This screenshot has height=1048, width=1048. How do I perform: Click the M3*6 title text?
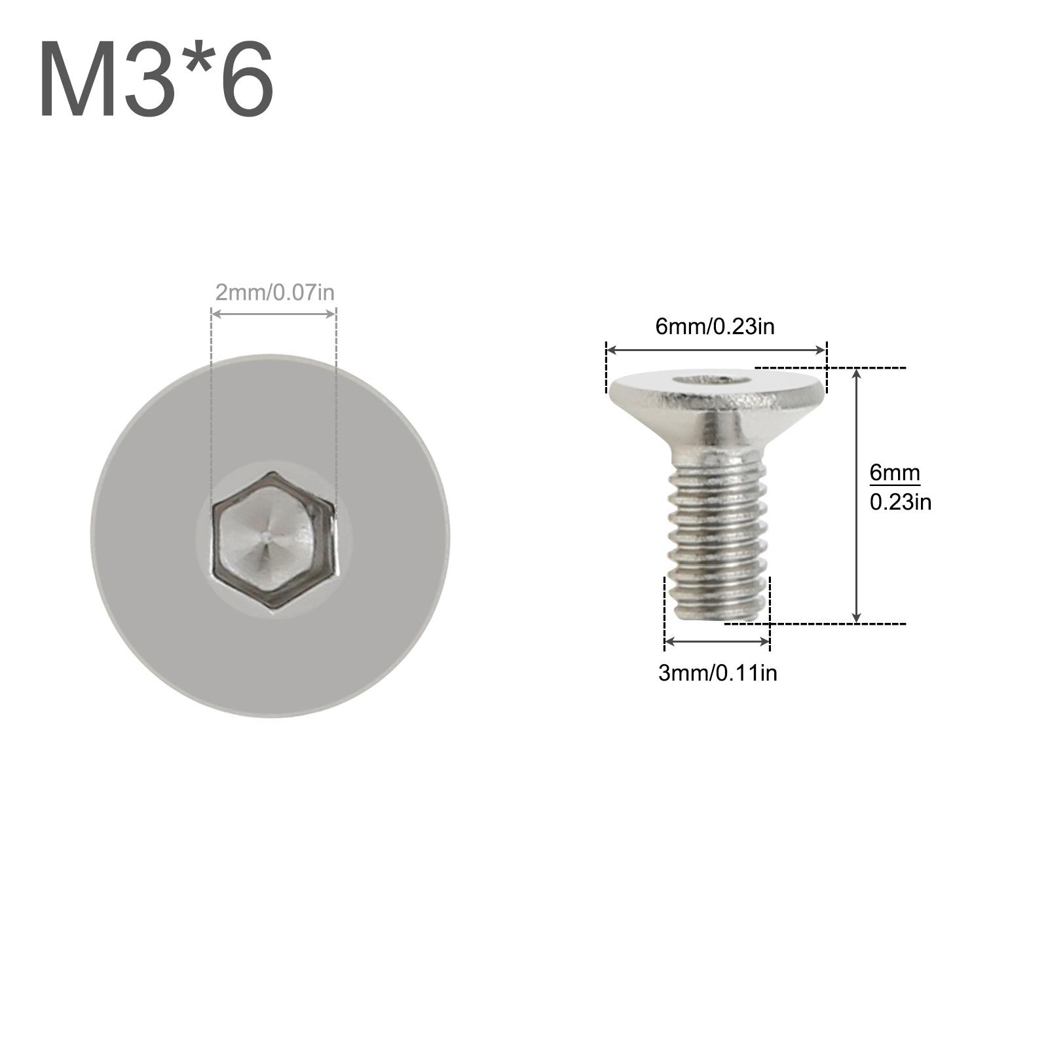coord(157,78)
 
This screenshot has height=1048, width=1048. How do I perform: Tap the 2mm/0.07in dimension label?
coord(274,292)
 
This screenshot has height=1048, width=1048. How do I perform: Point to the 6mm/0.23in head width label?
coord(715,326)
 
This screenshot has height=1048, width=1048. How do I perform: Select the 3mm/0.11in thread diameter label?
coord(717,673)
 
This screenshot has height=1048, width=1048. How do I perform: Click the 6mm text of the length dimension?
coord(895,472)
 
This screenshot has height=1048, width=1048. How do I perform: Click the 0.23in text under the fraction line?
coord(900,502)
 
